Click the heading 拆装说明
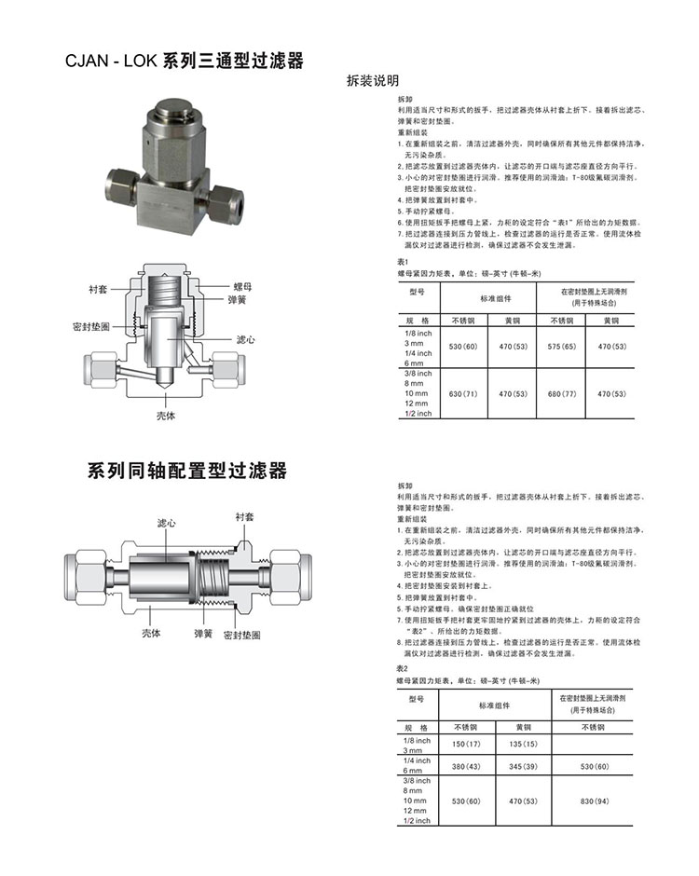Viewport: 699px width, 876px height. pos(372,80)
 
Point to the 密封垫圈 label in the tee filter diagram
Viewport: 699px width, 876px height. pos(91,328)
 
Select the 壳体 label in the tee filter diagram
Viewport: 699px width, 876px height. pos(165,416)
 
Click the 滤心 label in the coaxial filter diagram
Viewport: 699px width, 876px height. pos(168,525)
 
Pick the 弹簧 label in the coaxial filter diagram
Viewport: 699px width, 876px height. pos(204,634)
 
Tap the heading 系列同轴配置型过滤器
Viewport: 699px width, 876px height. pos(187,470)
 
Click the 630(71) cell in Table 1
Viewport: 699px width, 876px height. pos(463,394)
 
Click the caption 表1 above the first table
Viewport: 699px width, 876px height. pos(404,263)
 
